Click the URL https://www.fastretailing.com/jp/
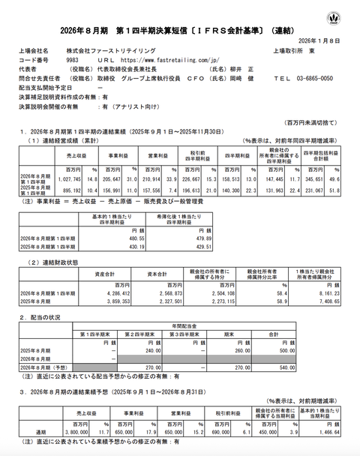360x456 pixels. [160, 57]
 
